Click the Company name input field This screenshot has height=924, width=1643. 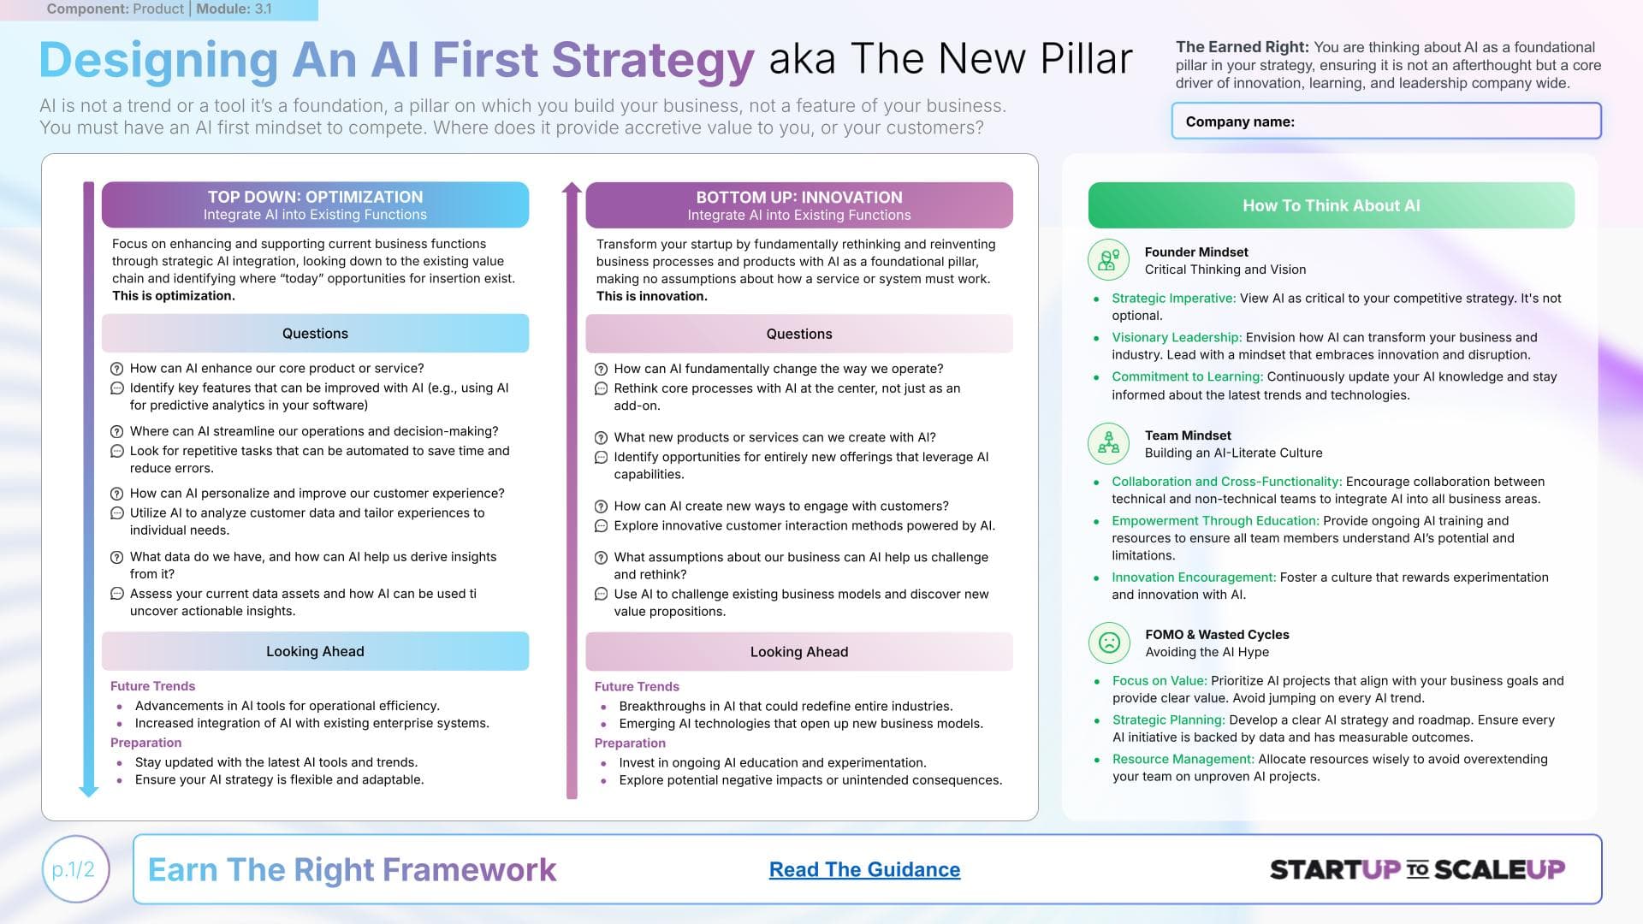click(1385, 121)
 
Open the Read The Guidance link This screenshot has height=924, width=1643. click(864, 869)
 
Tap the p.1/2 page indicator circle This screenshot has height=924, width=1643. click(75, 869)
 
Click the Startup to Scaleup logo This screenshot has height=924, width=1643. click(1417, 869)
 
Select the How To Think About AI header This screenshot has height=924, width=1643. click(1331, 205)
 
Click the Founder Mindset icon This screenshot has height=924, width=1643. click(1109, 260)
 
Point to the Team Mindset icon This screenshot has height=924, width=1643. click(1109, 443)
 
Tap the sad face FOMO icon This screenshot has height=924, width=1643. click(1109, 643)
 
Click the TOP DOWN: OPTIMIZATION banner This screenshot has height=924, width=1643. click(315, 205)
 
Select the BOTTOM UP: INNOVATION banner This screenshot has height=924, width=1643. click(799, 205)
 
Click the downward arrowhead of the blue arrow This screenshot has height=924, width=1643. click(88, 791)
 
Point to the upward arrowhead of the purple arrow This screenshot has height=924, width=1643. click(572, 189)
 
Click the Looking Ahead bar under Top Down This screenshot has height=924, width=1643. click(315, 651)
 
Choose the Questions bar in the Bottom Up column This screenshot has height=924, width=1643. click(799, 334)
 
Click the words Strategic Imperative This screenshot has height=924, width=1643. click(1173, 299)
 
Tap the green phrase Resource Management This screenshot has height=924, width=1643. click(1183, 760)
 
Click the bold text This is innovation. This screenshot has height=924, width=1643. click(652, 296)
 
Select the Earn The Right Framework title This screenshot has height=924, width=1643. click(352, 869)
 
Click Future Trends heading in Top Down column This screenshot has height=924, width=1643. click(152, 686)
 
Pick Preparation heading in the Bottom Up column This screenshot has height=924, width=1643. click(630, 743)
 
